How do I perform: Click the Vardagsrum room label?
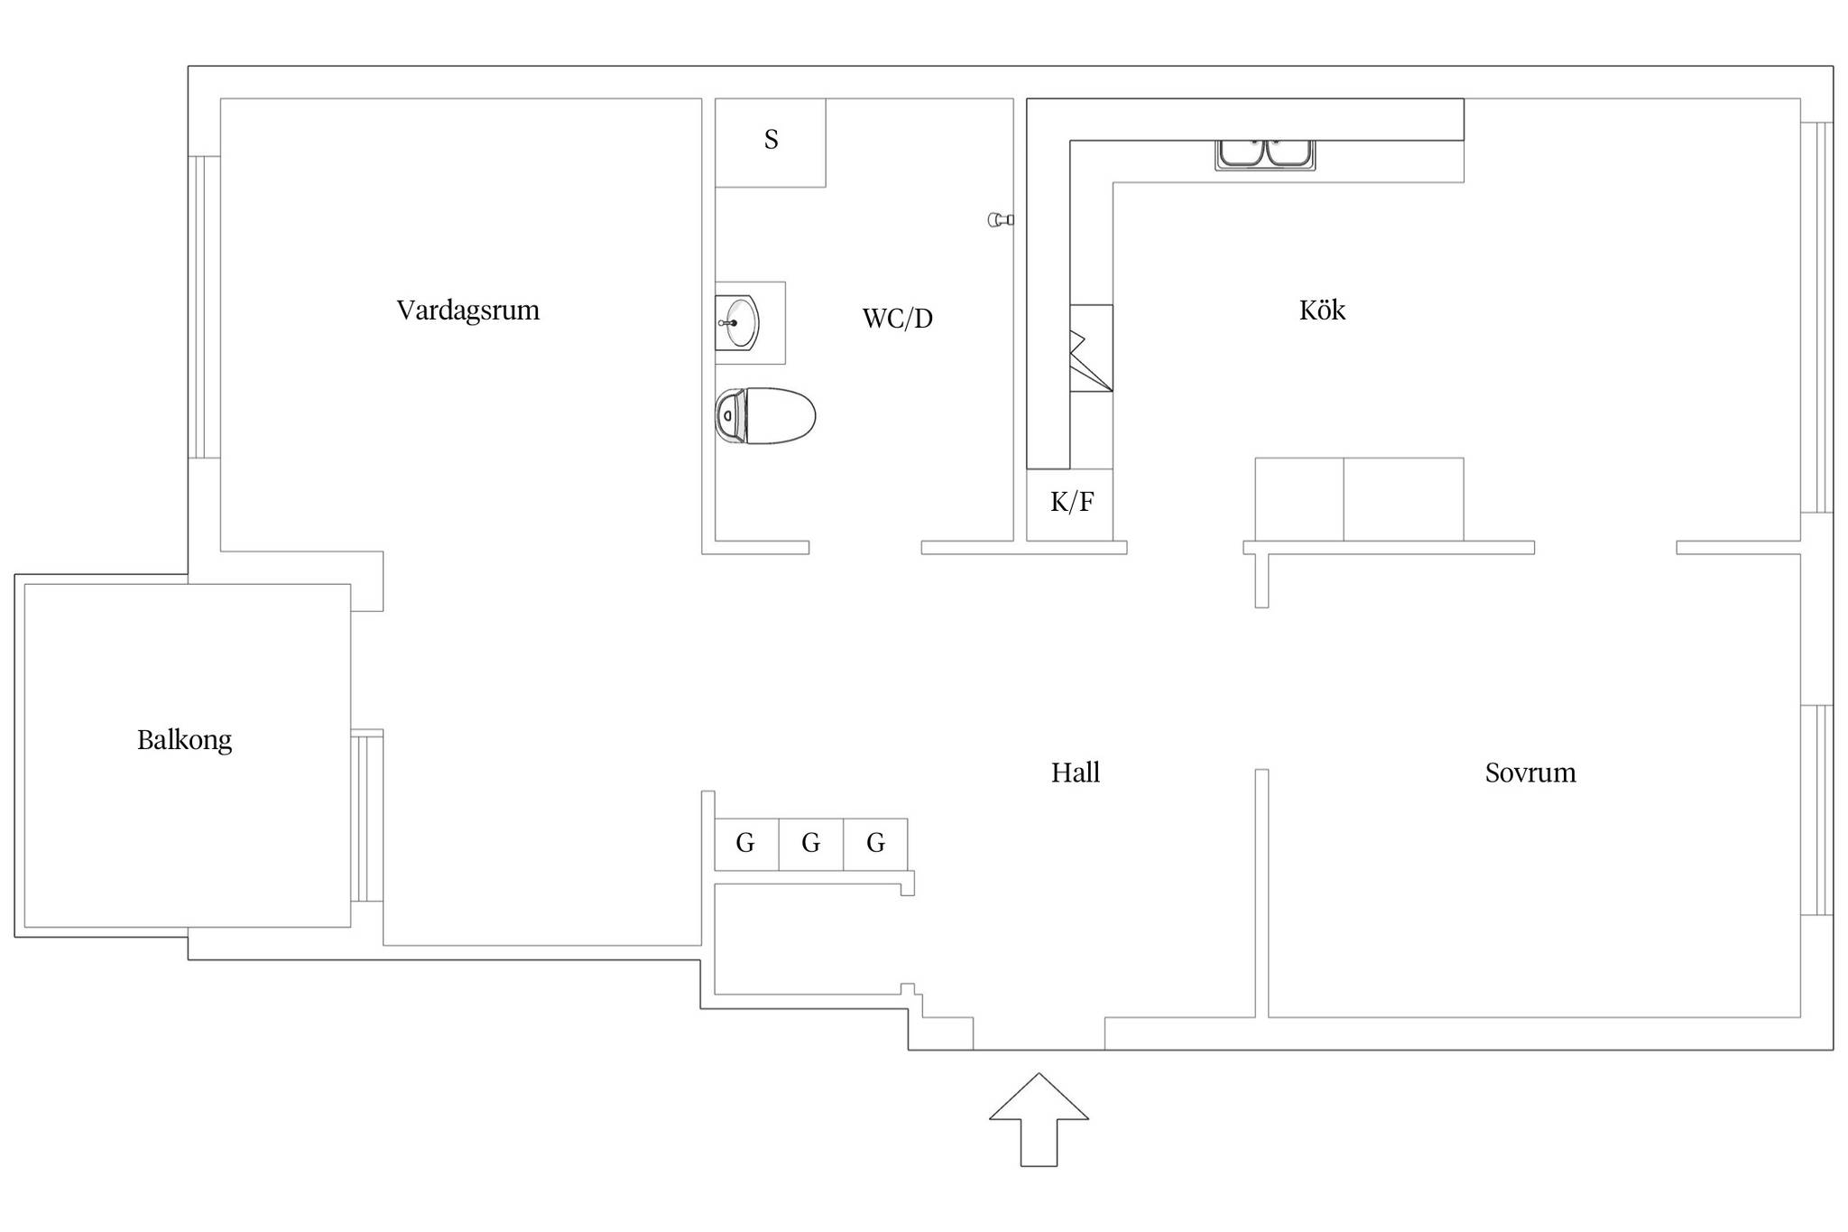[468, 310]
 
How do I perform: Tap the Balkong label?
[184, 741]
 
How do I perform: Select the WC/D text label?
[897, 319]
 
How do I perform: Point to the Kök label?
[1322, 310]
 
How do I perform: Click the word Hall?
[1076, 773]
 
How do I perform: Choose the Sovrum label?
[1530, 773]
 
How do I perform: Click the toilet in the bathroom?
[765, 416]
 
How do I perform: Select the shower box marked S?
[771, 143]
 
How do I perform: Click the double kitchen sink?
[1265, 154]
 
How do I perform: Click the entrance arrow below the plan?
[1039, 1119]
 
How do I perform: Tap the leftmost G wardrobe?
[746, 844]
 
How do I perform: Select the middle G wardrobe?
[811, 844]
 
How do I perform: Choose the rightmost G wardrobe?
[875, 844]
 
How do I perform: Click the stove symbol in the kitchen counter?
[1091, 348]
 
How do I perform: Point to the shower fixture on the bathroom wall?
[1001, 219]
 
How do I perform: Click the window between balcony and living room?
[367, 816]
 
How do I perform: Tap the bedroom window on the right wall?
[1816, 810]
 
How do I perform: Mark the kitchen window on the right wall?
[1816, 318]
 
